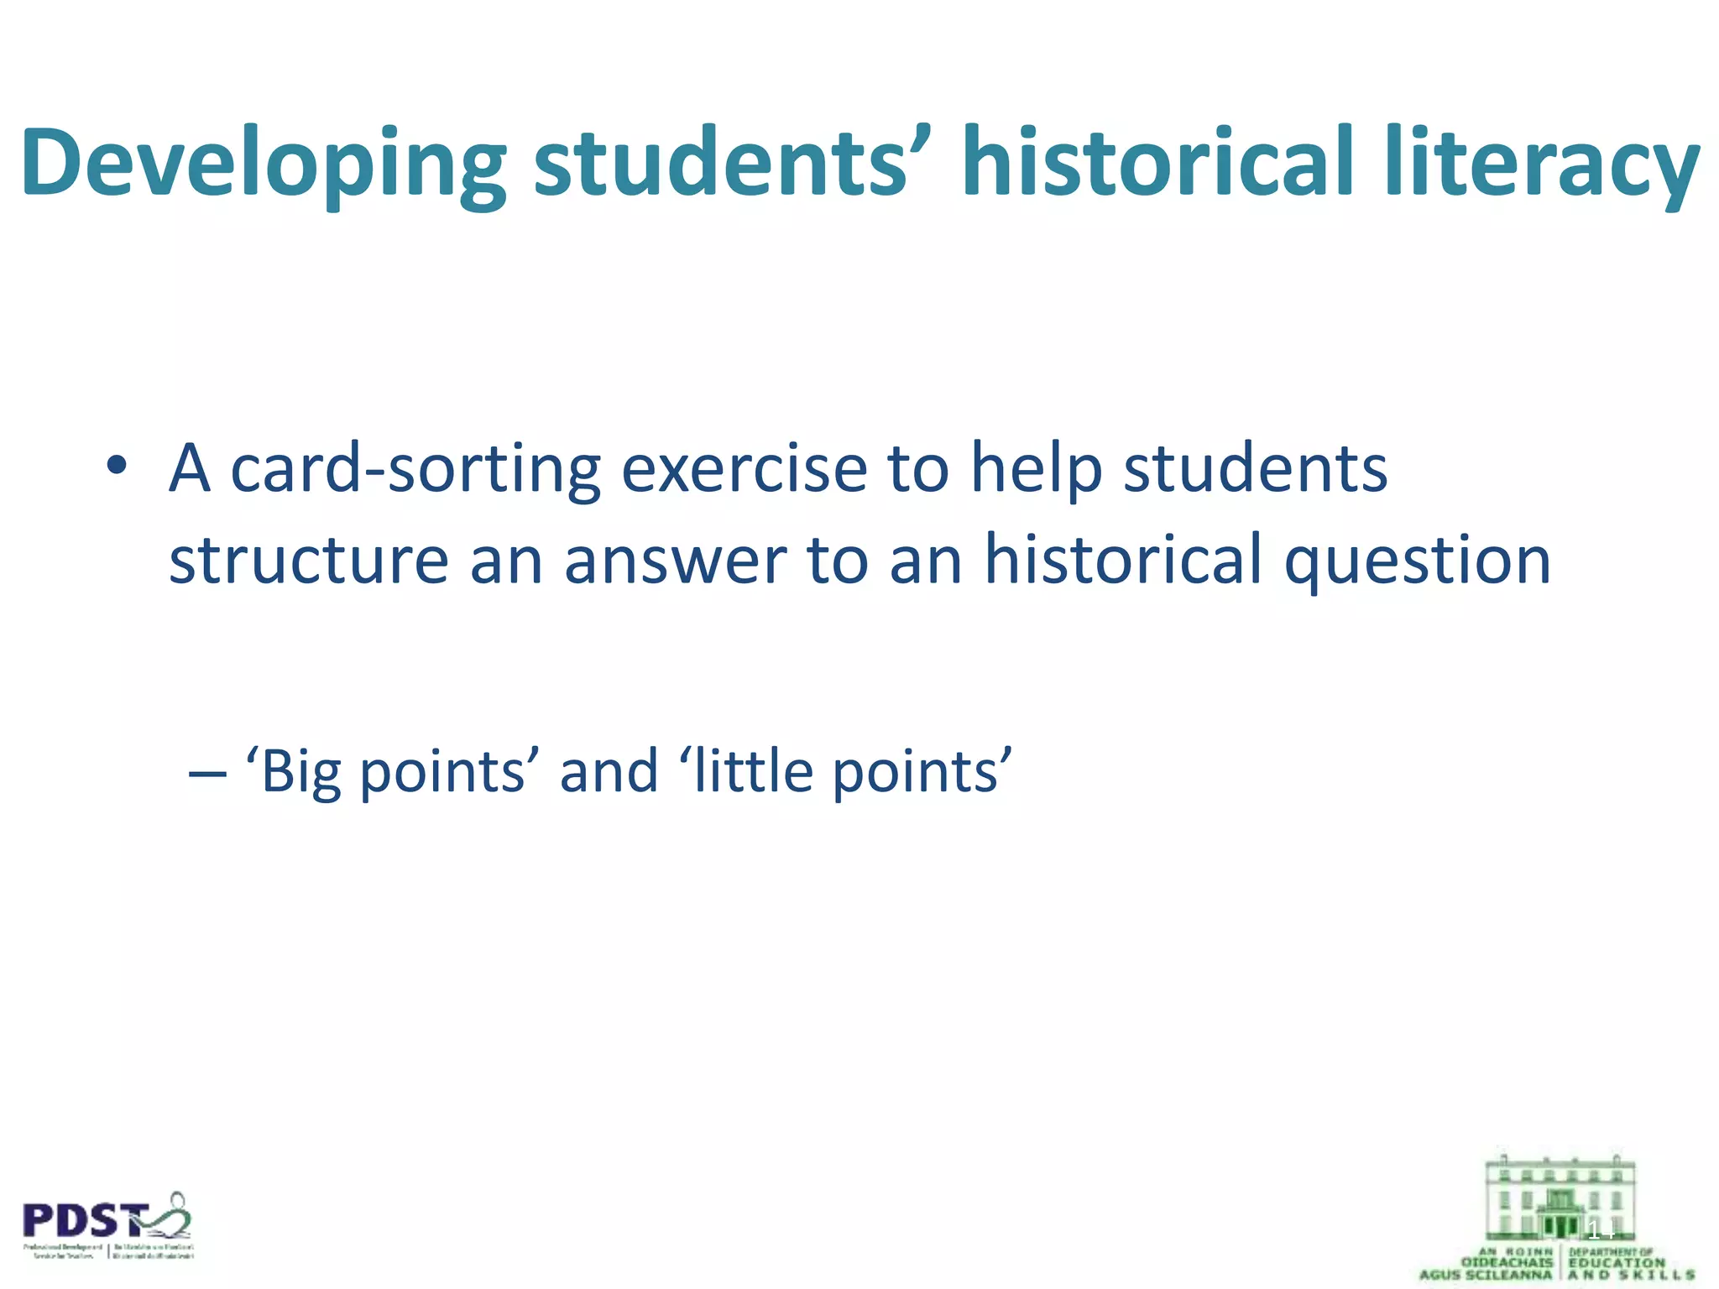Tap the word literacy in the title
click(x=1542, y=164)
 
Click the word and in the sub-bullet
click(x=609, y=771)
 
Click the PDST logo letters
click(x=84, y=1222)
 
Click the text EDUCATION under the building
click(x=1616, y=1262)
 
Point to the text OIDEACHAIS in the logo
click(x=1507, y=1262)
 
